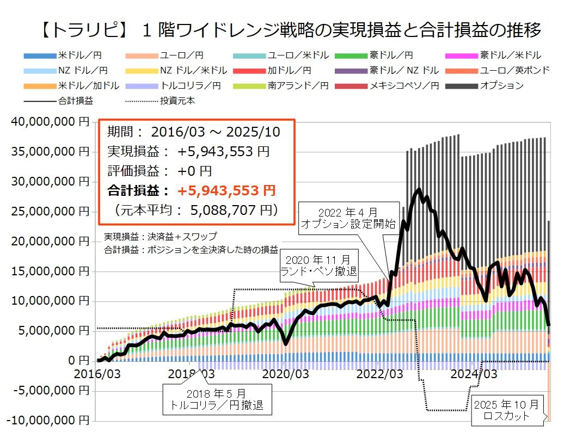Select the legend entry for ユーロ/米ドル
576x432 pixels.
coord(298,55)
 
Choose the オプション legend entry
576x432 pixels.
coord(501,85)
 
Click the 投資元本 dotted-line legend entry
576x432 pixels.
coord(177,101)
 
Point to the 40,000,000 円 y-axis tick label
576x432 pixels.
coord(50,122)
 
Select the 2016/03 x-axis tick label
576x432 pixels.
coord(99,374)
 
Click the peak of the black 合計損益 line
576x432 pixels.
coord(419,190)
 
